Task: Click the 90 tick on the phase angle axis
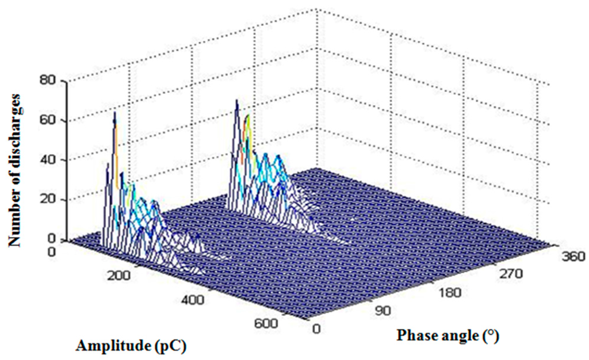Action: click(x=382, y=311)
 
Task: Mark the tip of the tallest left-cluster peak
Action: click(x=114, y=112)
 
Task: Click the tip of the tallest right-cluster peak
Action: click(x=236, y=99)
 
